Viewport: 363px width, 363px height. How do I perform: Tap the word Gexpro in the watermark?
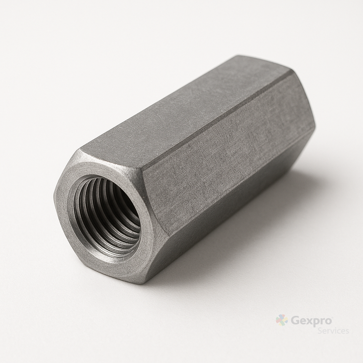tap(311, 321)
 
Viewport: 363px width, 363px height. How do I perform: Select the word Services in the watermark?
tap(333, 331)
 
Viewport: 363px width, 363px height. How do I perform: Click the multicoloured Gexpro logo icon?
tap(282, 320)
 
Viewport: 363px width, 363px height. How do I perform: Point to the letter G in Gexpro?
tap(295, 321)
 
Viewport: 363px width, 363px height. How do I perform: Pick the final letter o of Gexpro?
tap(328, 322)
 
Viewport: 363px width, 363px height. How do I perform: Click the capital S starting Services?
tap(320, 331)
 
